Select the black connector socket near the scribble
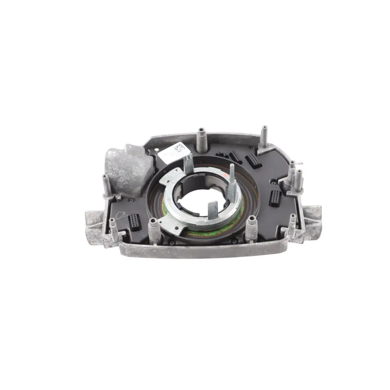[x=134, y=220]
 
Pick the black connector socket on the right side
[x=276, y=198]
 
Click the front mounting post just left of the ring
[x=152, y=229]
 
